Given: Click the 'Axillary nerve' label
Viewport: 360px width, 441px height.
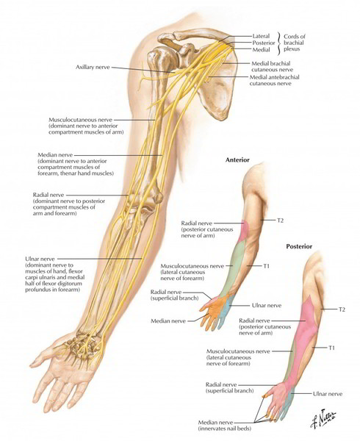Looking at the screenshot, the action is (93, 67).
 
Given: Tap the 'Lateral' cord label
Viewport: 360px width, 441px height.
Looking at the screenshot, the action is (261, 36).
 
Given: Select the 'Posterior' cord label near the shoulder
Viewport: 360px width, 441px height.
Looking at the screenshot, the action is (264, 43).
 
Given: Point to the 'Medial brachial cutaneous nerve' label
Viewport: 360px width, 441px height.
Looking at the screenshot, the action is (272, 66).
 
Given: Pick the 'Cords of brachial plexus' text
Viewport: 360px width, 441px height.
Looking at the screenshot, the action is (294, 43).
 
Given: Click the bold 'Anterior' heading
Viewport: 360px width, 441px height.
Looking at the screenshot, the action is (237, 159).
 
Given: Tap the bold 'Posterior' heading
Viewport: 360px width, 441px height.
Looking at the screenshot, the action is (299, 246).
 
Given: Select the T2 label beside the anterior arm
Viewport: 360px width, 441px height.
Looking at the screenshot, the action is (280, 220).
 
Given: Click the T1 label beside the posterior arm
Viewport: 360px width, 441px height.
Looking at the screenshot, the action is (331, 348).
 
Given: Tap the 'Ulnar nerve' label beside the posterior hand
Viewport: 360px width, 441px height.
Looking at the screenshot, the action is (328, 394).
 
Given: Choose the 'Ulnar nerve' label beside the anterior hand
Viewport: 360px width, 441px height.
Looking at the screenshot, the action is (267, 305).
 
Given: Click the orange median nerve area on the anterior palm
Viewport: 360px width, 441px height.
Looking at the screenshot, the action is (216, 309).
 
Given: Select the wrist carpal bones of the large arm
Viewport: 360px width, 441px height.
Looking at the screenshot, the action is (82, 344).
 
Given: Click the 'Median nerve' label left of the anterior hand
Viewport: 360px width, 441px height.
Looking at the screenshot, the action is (168, 321).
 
